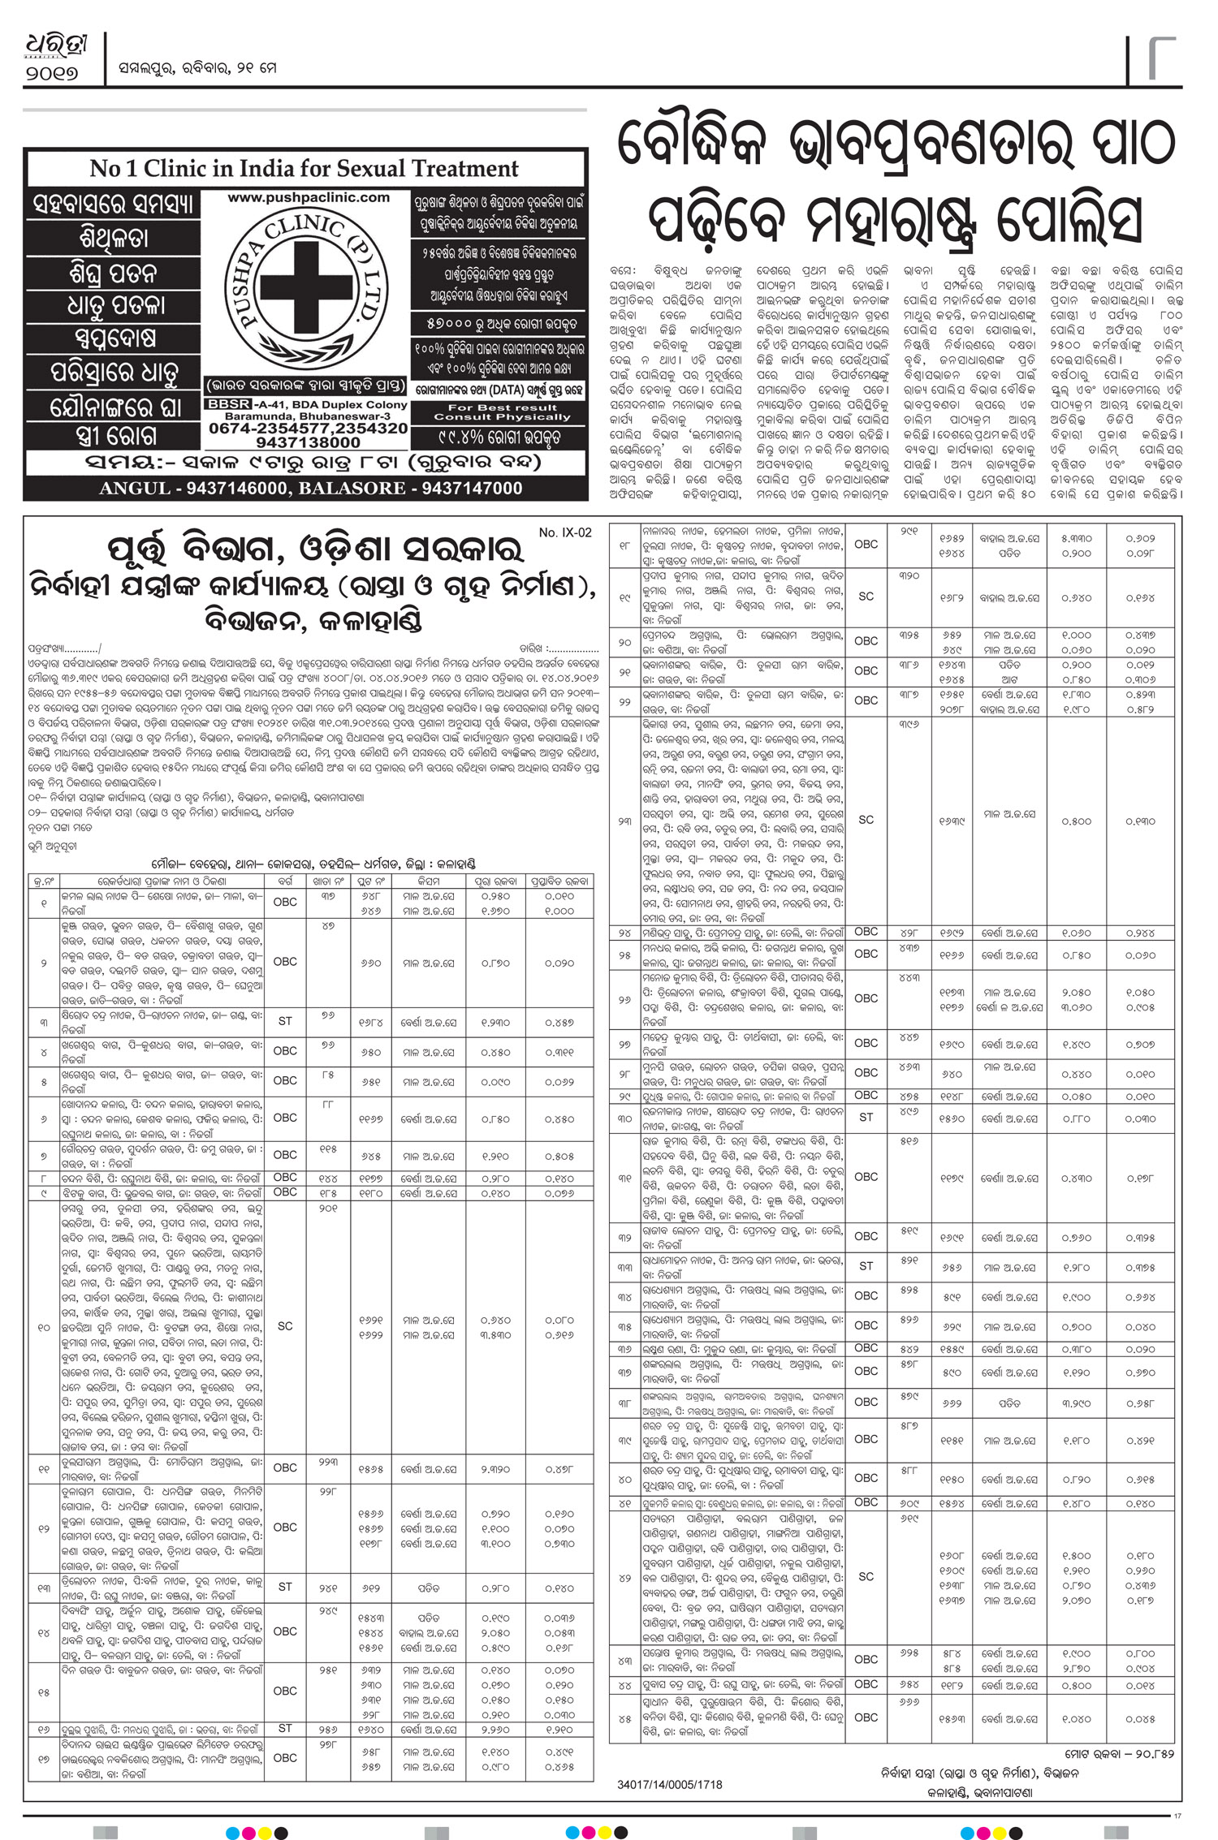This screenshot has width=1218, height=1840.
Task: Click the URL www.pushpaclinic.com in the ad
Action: (309, 197)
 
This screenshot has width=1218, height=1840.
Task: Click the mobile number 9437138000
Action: (308, 443)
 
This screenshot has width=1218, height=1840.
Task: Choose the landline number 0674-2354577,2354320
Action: (308, 428)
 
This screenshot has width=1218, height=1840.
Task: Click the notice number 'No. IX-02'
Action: (565, 532)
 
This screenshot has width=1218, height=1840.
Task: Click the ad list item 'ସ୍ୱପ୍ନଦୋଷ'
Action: (113, 338)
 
